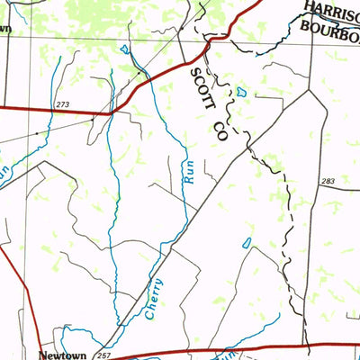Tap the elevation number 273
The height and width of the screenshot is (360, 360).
pos(61,105)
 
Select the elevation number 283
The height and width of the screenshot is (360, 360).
pos(328,182)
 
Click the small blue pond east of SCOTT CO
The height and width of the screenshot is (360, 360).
pos(241,93)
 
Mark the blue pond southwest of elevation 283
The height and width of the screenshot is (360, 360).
pos(247,243)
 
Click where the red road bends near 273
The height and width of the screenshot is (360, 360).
pos(110,113)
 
